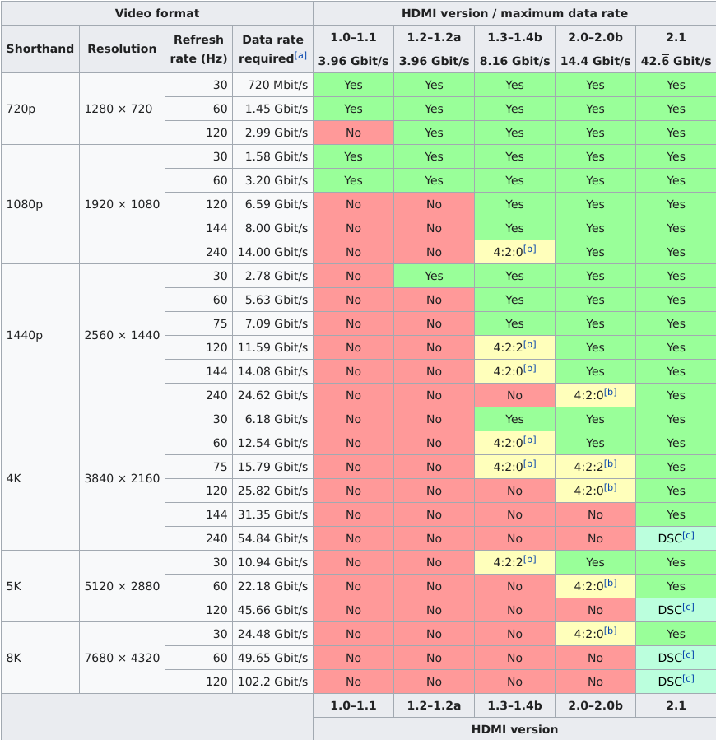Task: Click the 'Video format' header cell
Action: pyautogui.click(x=156, y=13)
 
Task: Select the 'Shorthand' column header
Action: pyautogui.click(x=40, y=49)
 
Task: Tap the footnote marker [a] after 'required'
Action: pyautogui.click(x=301, y=56)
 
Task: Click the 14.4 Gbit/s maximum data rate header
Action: pyautogui.click(x=595, y=61)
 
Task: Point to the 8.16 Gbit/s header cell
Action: pyautogui.click(x=514, y=61)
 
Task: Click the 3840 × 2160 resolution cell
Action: pyautogui.click(x=122, y=478)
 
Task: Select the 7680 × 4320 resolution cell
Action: pyautogui.click(x=122, y=657)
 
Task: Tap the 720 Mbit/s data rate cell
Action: pyautogui.click(x=272, y=85)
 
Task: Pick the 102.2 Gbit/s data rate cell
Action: pyautogui.click(x=272, y=682)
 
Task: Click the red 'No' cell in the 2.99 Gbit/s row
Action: pyautogui.click(x=353, y=133)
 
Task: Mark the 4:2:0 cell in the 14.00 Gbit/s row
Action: pyautogui.click(x=514, y=252)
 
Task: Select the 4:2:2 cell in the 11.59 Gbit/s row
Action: pyautogui.click(x=514, y=347)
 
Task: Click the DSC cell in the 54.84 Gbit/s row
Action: pyautogui.click(x=676, y=538)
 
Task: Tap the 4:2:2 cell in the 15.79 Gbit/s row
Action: pyautogui.click(x=595, y=467)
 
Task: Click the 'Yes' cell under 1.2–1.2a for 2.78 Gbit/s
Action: pyautogui.click(x=434, y=276)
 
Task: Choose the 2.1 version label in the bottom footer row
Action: pyautogui.click(x=676, y=705)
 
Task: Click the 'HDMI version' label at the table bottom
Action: pyautogui.click(x=514, y=729)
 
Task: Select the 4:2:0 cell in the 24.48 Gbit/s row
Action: pyautogui.click(x=595, y=634)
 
